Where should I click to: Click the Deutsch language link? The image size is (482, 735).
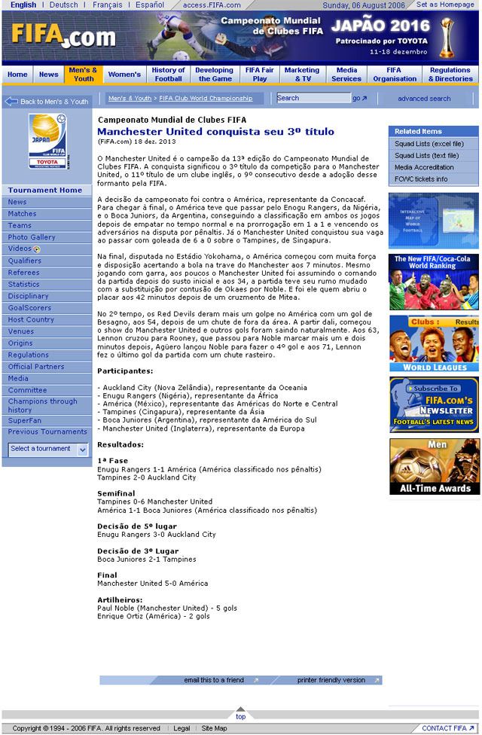63,5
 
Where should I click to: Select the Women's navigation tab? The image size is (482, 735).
124,75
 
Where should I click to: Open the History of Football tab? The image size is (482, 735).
169,75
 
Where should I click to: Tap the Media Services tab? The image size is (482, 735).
346,75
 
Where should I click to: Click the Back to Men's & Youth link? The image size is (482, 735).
47,101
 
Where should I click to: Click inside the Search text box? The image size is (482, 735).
313,98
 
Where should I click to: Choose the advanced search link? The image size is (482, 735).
424,99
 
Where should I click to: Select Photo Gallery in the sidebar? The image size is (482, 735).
32,237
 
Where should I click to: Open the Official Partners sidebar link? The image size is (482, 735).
36,367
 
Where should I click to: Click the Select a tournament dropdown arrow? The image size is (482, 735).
83,449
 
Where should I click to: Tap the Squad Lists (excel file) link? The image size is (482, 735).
429,144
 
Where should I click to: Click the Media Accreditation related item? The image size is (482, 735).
424,167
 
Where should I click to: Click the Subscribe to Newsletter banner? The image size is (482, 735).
434,404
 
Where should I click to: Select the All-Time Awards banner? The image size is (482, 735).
434,467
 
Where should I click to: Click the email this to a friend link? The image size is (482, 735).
215,680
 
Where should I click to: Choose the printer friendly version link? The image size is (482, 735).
331,680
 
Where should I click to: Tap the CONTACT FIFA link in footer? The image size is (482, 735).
444,728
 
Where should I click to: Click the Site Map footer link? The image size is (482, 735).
214,728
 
